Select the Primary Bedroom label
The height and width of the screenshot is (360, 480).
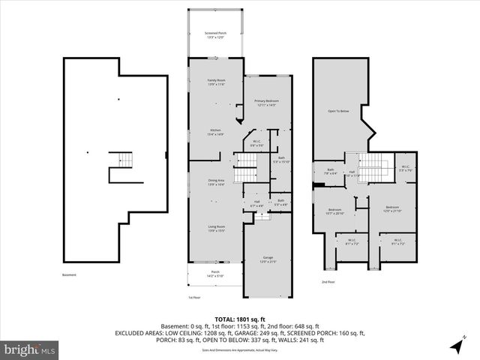(266, 103)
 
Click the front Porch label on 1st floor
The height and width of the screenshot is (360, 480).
(214, 274)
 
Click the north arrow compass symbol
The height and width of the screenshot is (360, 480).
(456, 345)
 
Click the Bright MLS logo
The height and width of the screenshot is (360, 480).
(30, 349)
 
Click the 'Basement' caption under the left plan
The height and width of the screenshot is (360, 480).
(69, 274)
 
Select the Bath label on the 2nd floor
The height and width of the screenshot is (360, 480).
(330, 172)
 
